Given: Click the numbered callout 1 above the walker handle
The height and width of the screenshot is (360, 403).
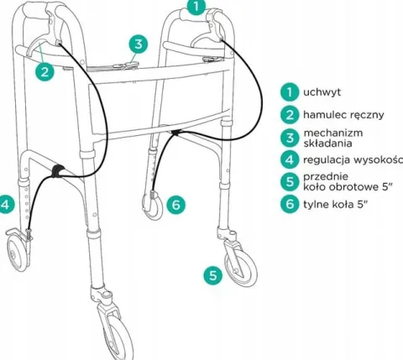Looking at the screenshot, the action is coord(196,6).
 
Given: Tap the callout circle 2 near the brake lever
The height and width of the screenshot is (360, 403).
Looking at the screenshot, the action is coord(44,72).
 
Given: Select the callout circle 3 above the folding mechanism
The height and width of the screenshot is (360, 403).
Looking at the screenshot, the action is coord(139,44).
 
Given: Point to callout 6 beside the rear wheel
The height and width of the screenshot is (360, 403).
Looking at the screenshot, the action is coord(175,205).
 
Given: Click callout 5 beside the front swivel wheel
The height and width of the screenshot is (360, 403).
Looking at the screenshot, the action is coord(213,275).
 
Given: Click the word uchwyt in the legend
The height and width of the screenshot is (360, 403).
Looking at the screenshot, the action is coord(322,92).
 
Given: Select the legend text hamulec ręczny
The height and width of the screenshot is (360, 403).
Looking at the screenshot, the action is coord(343,115).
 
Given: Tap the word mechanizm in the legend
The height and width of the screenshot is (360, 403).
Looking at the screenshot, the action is coord(333,133).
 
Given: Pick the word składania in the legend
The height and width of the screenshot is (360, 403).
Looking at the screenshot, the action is coord(327,143).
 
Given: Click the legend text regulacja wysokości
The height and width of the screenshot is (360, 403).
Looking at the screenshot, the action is coord(353,160).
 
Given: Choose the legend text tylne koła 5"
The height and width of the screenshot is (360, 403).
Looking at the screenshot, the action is coord(335,204).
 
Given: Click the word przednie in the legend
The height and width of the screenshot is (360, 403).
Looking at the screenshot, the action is coord(326,177).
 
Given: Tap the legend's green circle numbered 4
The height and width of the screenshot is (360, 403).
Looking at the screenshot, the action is coord(290,159).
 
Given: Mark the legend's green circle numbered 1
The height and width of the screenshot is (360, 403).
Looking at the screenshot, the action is coord(290,91).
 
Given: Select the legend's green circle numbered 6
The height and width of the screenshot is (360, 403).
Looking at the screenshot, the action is coord(290,204).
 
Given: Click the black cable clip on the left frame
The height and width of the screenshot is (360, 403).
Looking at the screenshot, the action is coord(58,170).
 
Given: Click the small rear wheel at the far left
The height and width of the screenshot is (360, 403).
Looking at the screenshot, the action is coord(18,252).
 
